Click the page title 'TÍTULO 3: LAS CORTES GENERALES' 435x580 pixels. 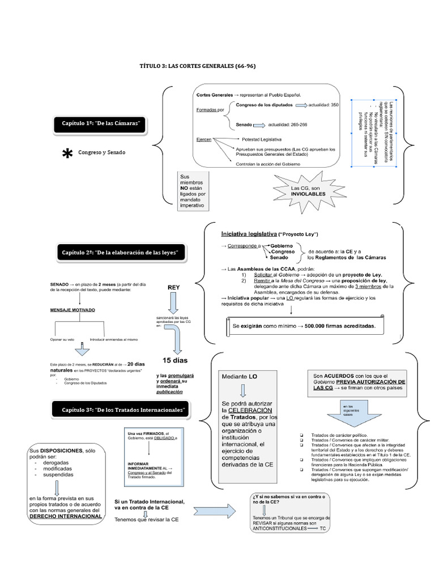197,66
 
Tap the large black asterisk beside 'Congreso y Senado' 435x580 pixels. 67,153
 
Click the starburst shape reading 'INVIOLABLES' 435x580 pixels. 308,190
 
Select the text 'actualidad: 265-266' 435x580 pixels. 288,125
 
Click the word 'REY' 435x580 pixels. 174,287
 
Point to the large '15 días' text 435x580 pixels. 174,360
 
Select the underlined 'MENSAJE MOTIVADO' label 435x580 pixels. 72,310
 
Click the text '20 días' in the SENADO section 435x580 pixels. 137,364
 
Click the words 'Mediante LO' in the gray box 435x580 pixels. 240,376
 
